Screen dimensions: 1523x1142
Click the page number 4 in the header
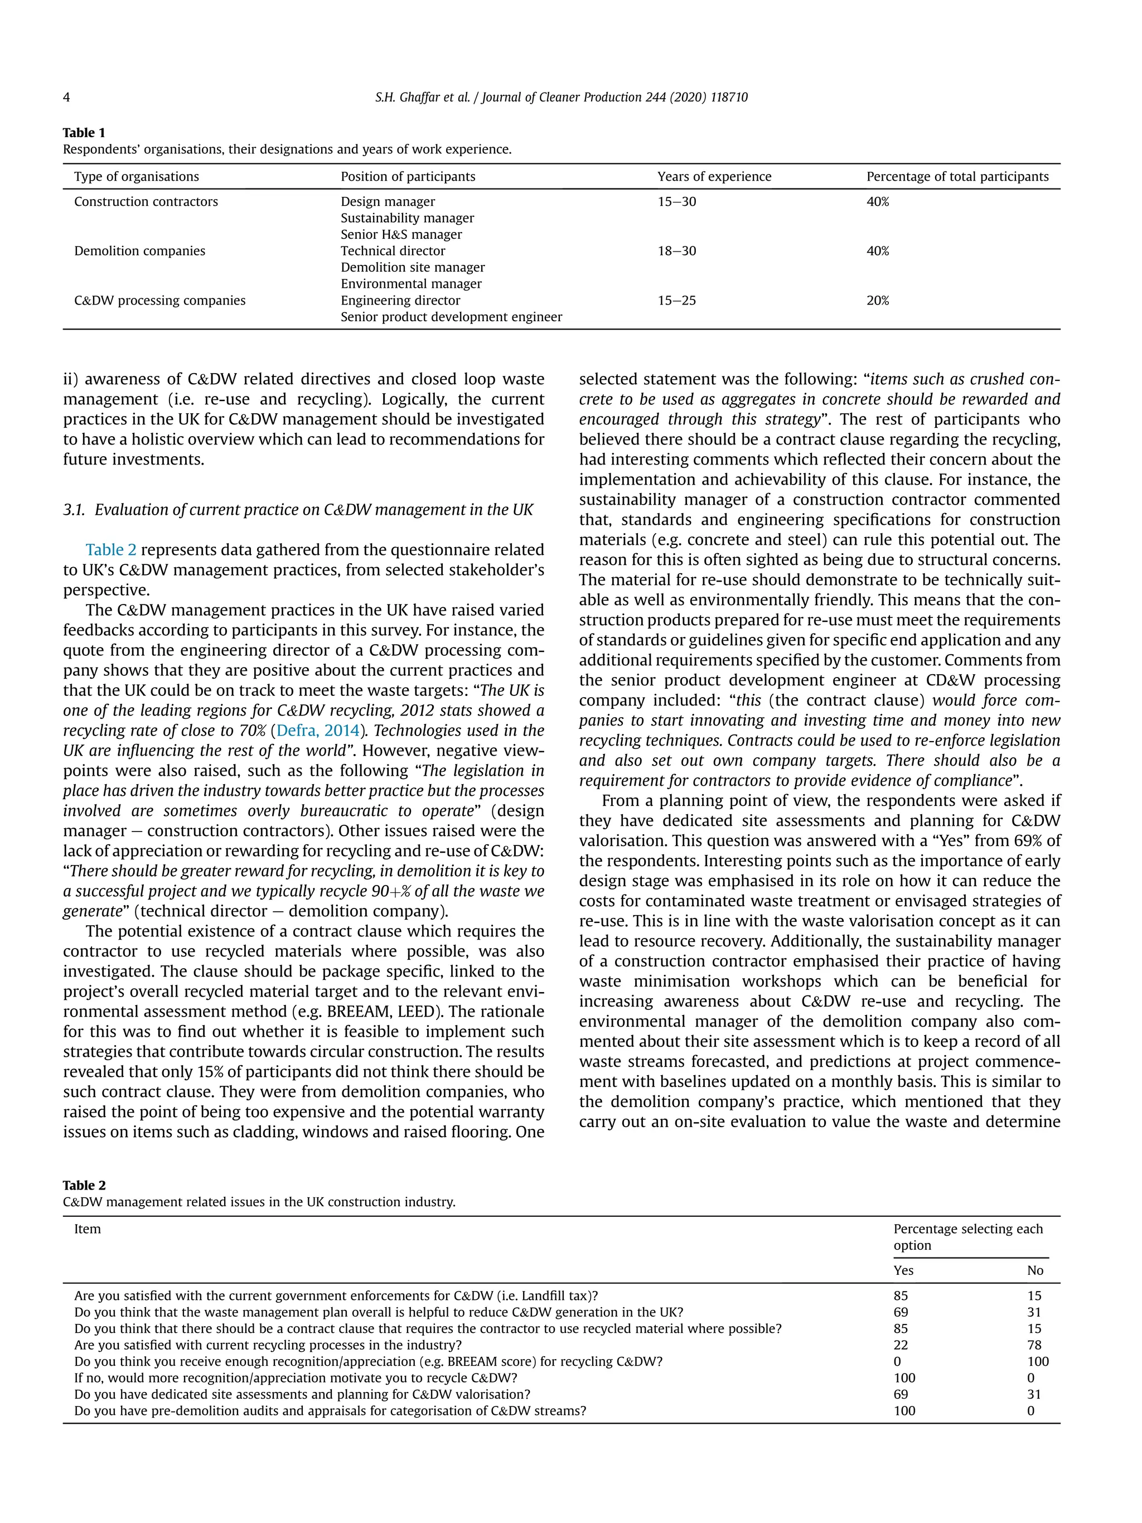[x=66, y=97]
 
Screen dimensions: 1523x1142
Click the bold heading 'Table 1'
[x=84, y=133]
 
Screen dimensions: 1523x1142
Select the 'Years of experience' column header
[x=714, y=176]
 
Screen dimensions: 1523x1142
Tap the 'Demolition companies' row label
[x=140, y=250]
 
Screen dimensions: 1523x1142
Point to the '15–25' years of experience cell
[x=676, y=300]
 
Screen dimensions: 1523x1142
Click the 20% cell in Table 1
[x=877, y=300]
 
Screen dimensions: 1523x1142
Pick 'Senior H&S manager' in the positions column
[x=400, y=234]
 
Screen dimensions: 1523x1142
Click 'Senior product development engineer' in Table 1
[x=451, y=317]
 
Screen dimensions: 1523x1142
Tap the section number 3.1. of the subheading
[x=74, y=510]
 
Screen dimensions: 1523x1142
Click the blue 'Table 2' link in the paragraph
[x=111, y=549]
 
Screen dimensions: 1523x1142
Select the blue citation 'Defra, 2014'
[x=317, y=730]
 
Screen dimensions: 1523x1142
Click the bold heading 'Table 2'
[x=84, y=1185]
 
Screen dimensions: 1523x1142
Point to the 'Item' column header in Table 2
[x=88, y=1229]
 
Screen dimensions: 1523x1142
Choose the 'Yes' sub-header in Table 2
[x=903, y=1270]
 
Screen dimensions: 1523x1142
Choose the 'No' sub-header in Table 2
[x=1034, y=1270]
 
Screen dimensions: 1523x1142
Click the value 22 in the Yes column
[x=901, y=1345]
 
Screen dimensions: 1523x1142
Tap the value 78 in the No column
[x=1033, y=1345]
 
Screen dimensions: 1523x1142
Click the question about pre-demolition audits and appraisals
[x=330, y=1411]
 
